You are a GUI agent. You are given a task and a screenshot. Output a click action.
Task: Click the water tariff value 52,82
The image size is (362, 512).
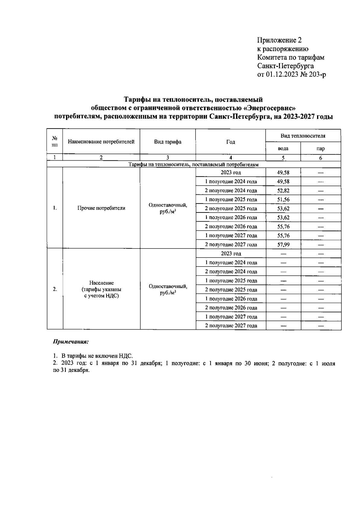[283, 190]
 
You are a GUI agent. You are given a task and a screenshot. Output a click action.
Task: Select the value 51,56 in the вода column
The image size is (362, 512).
[283, 200]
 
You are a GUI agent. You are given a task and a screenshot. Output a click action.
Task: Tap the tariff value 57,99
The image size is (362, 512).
[283, 245]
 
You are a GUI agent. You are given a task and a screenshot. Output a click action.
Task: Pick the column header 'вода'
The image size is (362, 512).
[283, 149]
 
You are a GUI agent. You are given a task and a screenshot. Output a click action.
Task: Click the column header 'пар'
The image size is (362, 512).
[321, 149]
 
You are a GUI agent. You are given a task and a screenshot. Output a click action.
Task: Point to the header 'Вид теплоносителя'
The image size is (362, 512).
[303, 136]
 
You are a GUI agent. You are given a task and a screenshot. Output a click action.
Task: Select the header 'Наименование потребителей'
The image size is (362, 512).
[101, 142]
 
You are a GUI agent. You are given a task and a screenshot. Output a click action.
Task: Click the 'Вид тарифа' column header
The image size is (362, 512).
[168, 142]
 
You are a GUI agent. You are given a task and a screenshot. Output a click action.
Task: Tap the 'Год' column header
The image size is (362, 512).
[230, 142]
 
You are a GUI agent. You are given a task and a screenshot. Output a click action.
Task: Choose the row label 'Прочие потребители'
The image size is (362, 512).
[101, 208]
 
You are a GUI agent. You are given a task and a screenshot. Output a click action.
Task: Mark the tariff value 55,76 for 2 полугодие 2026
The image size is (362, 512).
[283, 226]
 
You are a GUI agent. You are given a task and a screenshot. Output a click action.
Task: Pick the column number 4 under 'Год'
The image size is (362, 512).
[230, 157]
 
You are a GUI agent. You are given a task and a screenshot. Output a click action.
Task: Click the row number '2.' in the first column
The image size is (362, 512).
[55, 289]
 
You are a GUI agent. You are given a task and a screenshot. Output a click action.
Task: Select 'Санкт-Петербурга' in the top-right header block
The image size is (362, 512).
[285, 66]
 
